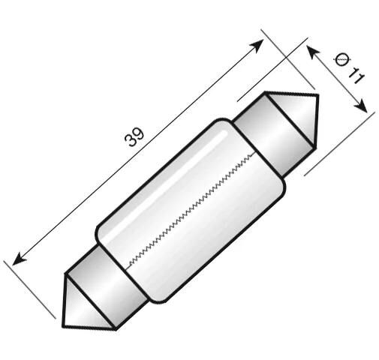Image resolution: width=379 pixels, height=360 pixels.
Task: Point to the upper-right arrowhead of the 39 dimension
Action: pyautogui.click(x=258, y=43)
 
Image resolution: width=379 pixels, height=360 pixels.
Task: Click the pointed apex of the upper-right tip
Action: pyautogui.click(x=317, y=96)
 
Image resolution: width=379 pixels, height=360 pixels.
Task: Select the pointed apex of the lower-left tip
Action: pyautogui.click(x=62, y=325)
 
